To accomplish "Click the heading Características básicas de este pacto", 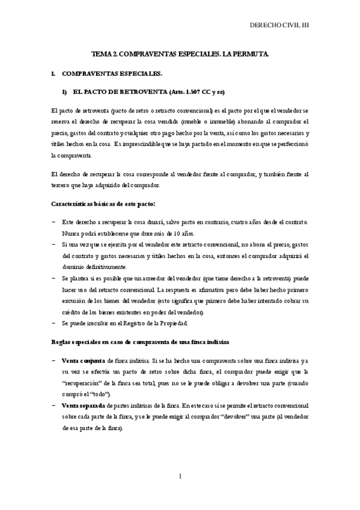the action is (103, 204).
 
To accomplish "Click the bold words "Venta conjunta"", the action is (84, 361).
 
